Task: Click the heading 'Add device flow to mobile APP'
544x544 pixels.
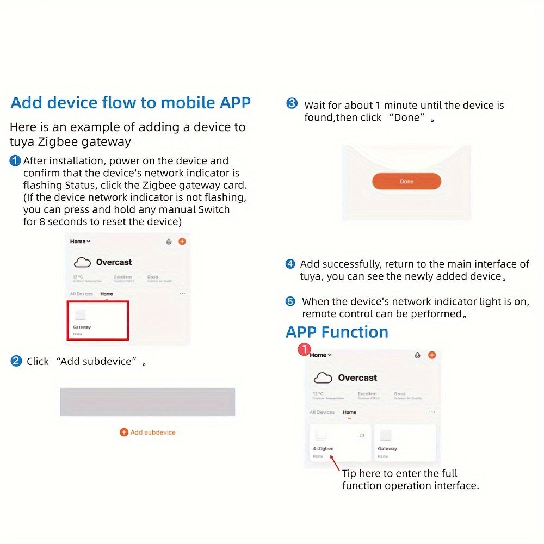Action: [131, 103]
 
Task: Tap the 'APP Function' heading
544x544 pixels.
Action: [337, 332]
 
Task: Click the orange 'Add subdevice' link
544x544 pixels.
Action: [148, 432]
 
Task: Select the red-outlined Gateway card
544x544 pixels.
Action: [98, 320]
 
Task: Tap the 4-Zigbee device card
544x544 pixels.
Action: [340, 443]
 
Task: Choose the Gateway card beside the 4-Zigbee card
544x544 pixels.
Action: [405, 443]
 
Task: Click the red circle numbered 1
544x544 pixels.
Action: [304, 349]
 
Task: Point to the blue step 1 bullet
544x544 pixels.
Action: [15, 161]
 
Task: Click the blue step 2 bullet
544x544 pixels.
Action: [16, 361]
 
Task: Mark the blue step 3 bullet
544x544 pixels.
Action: [292, 104]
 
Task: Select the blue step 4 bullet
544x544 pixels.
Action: [290, 264]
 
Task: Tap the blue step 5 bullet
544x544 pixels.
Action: [290, 301]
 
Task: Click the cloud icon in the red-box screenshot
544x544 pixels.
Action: [82, 263]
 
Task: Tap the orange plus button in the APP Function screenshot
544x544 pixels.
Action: [432, 355]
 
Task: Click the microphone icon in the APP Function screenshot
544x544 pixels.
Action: [417, 355]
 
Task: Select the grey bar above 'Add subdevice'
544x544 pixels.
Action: [147, 401]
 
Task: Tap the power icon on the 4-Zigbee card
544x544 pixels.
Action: [362, 435]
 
